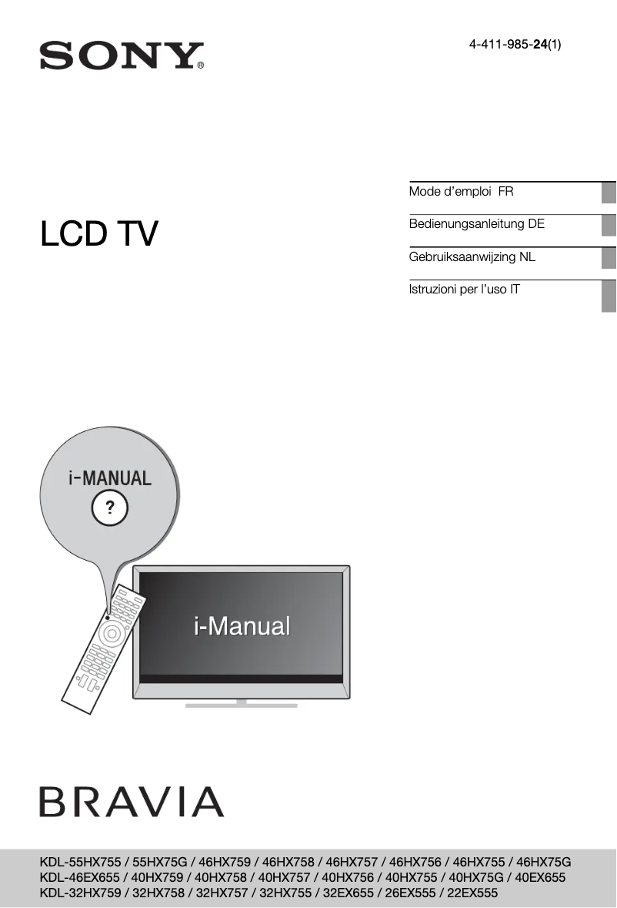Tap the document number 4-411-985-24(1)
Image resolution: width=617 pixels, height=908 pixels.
pos(515,45)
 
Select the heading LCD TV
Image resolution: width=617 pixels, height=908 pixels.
pos(99,234)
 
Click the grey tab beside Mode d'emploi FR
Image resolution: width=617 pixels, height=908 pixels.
pos(609,193)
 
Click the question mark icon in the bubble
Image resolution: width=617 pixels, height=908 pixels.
pos(110,507)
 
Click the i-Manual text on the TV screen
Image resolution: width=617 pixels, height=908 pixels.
pos(242,626)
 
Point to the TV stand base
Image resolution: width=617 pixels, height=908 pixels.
pos(242,704)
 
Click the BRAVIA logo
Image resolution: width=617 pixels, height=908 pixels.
pos(132,802)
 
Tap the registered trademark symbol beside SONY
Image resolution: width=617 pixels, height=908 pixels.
pos(201,66)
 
